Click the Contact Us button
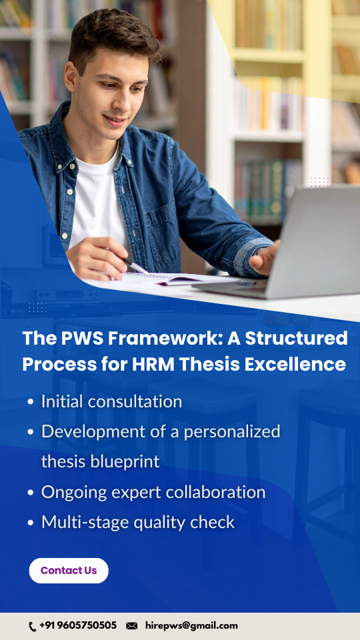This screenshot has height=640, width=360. [x=69, y=571]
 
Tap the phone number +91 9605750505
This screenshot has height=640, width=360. [x=78, y=626]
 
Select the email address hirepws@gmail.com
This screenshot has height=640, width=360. [x=191, y=626]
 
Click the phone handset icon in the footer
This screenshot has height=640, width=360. [x=33, y=627]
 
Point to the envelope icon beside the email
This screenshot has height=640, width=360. [x=132, y=626]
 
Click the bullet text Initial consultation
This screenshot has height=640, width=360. [x=111, y=401]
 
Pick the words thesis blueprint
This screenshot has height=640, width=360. [x=100, y=461]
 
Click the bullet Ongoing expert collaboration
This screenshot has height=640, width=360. [x=153, y=492]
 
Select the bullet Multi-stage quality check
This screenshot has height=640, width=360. [x=138, y=522]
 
